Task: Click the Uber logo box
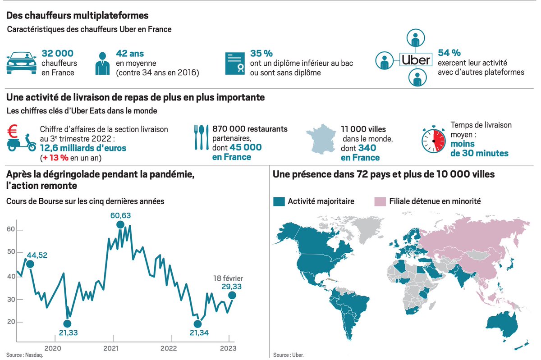pos(415,60)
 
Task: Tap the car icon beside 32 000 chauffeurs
pos(21,63)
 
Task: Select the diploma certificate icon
pos(235,63)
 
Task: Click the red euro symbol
pos(13,131)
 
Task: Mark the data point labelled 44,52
pos(30,264)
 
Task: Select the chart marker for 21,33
pos(67,324)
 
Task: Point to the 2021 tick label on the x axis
pos(111,348)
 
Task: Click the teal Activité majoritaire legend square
pos(279,201)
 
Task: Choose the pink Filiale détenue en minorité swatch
pos(381,201)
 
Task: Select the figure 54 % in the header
pos(449,53)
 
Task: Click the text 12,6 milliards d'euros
pos(83,148)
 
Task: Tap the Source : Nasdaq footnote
pos(21,355)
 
